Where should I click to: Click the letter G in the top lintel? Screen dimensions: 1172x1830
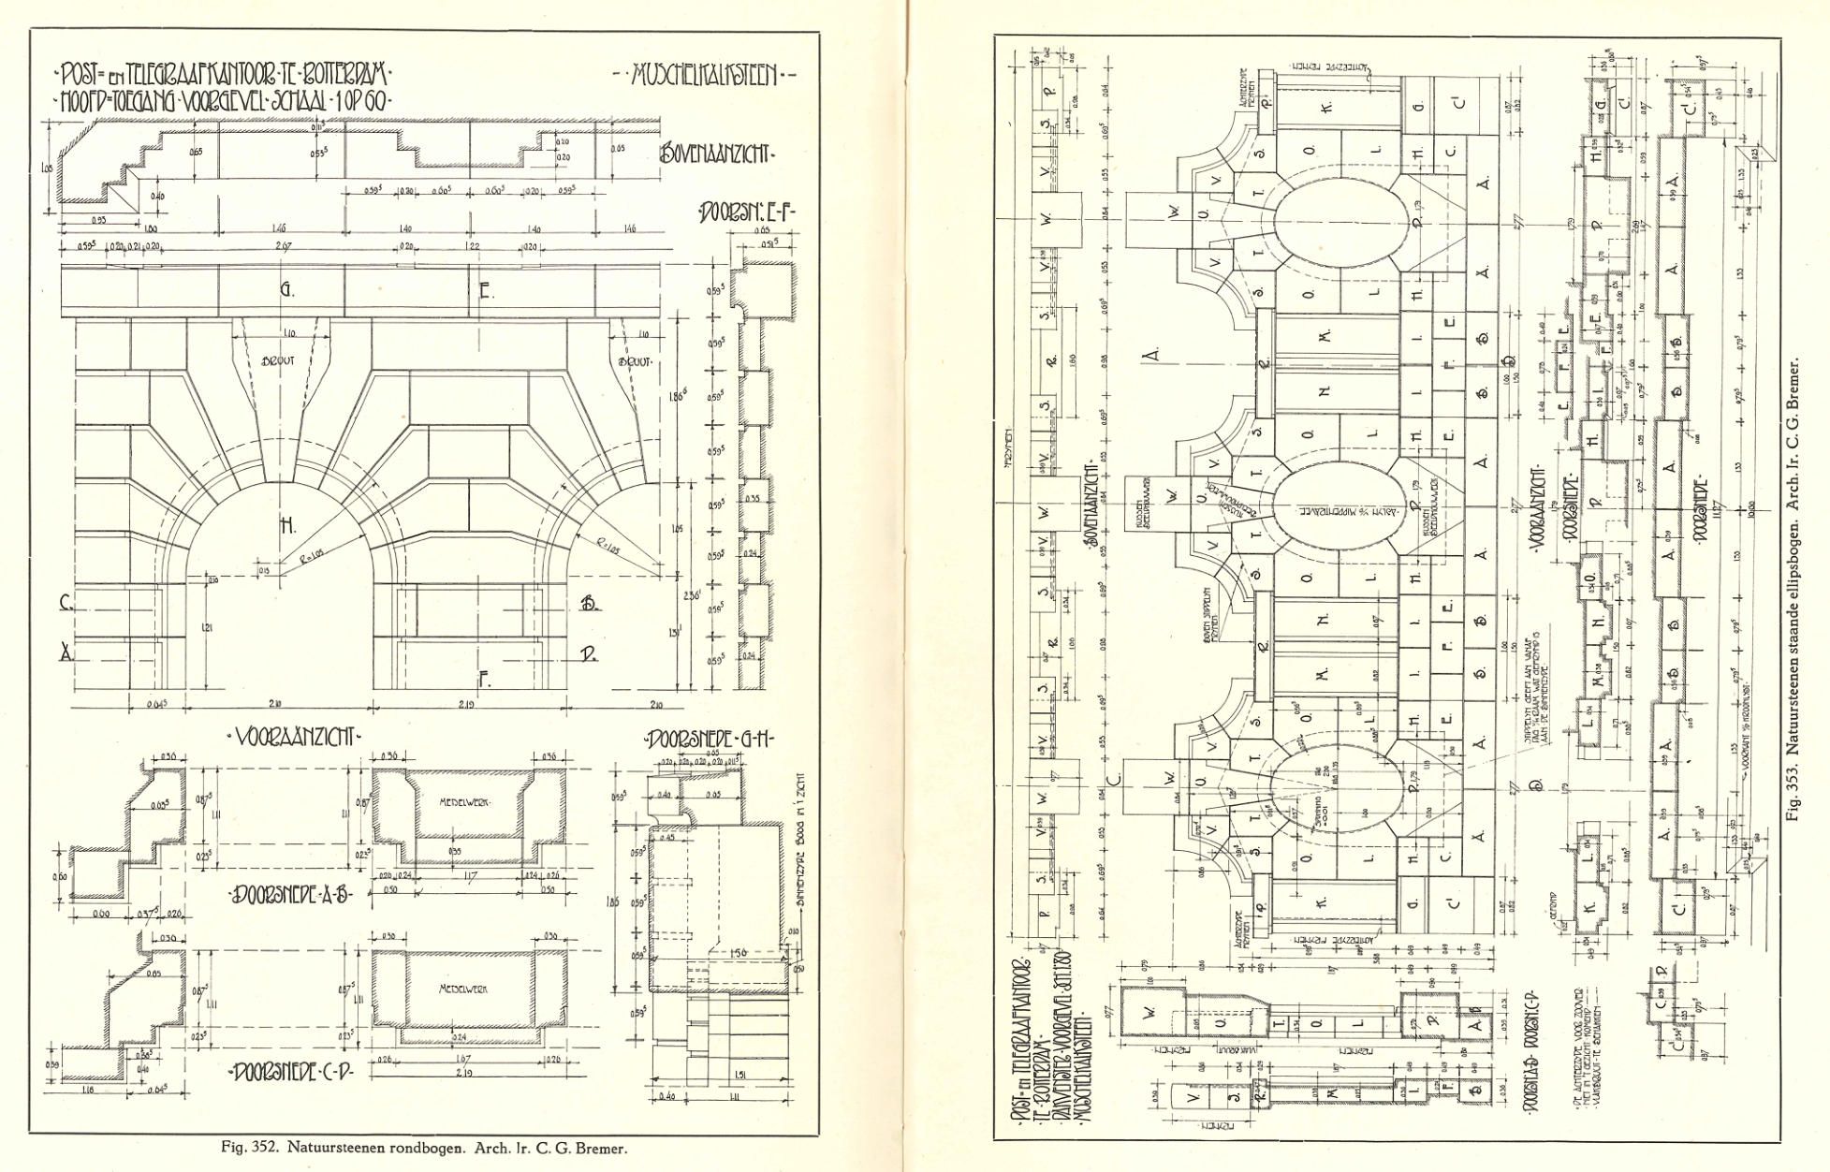(285, 290)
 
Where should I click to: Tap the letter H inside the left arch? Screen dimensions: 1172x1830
(288, 527)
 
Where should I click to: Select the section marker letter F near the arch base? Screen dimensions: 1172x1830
(484, 681)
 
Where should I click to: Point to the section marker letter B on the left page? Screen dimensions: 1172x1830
(589, 604)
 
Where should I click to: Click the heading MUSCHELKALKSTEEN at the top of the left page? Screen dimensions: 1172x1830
(704, 75)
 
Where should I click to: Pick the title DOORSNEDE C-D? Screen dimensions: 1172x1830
(292, 1072)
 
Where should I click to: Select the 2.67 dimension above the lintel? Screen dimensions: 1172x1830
(284, 247)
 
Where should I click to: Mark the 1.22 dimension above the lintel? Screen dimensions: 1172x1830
(473, 247)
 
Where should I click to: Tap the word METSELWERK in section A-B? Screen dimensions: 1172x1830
(464, 802)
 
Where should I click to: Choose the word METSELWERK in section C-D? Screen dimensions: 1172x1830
(463, 989)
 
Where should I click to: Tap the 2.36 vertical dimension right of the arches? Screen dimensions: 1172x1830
(693, 595)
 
